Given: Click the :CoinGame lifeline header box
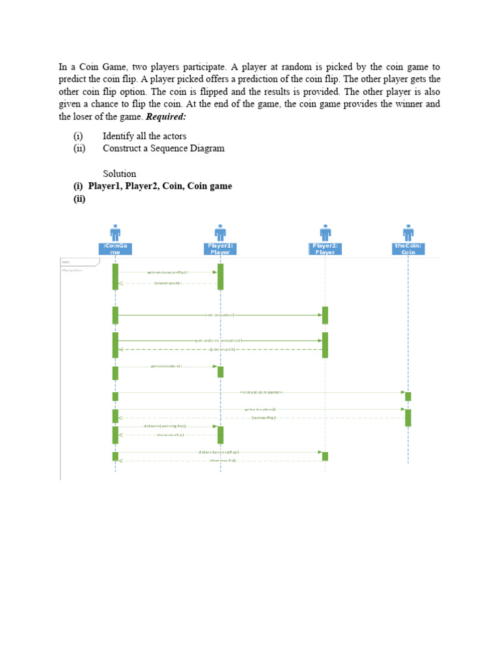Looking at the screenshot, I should pyautogui.click(x=115, y=248).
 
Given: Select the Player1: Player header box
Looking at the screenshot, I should pyautogui.click(x=220, y=248).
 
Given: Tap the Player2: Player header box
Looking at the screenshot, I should pyautogui.click(x=325, y=248).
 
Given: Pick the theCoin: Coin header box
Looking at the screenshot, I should pyautogui.click(x=408, y=248).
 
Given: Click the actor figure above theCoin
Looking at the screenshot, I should pyautogui.click(x=408, y=232).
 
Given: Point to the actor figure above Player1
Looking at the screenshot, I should pyautogui.click(x=220, y=232).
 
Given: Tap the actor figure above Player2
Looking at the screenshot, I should pyautogui.click(x=325, y=232).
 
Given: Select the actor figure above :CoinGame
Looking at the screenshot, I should pyautogui.click(x=115, y=232).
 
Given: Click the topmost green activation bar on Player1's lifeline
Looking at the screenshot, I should pyautogui.click(x=220, y=276).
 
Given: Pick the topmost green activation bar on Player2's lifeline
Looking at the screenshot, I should pyautogui.click(x=325, y=315).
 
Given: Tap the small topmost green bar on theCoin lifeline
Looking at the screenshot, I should pyautogui.click(x=408, y=396).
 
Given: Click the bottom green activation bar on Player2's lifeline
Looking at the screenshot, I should pyautogui.click(x=325, y=456).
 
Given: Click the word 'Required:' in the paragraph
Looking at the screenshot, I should pyautogui.click(x=166, y=116).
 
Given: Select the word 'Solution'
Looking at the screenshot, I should pyautogui.click(x=119, y=174).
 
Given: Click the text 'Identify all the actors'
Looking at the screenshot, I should pyautogui.click(x=144, y=136).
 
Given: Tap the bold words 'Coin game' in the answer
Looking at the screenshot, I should pyautogui.click(x=210, y=186).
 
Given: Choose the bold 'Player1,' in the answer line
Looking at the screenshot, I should pyautogui.click(x=109, y=186).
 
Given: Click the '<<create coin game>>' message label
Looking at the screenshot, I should pyautogui.click(x=261, y=392).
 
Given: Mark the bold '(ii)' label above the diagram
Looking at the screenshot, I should pyautogui.click(x=79, y=199).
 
